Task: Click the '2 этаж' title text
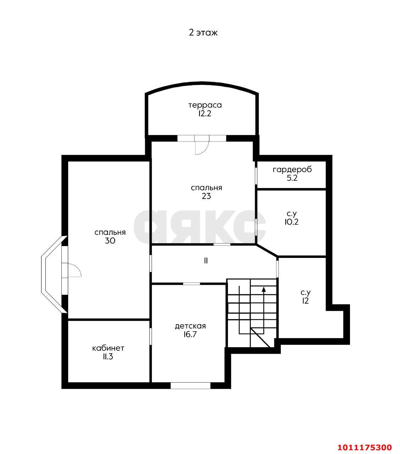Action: click(x=203, y=33)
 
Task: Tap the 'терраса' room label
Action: click(x=205, y=105)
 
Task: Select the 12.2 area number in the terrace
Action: click(x=204, y=113)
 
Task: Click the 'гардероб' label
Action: click(x=292, y=170)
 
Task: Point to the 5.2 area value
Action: click(x=292, y=178)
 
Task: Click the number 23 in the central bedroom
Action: click(x=206, y=196)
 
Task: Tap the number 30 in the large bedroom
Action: click(x=110, y=241)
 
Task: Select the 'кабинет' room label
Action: click(x=108, y=348)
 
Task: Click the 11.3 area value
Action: click(x=108, y=357)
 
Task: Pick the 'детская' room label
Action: click(x=190, y=326)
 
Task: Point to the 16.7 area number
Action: click(x=190, y=334)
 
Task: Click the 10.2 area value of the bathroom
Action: click(x=291, y=222)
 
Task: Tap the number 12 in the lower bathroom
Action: click(x=305, y=301)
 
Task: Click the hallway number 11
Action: click(x=206, y=261)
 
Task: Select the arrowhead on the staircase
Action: click(x=264, y=289)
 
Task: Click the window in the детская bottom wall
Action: click(x=190, y=386)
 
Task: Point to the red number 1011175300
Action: click(x=365, y=441)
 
